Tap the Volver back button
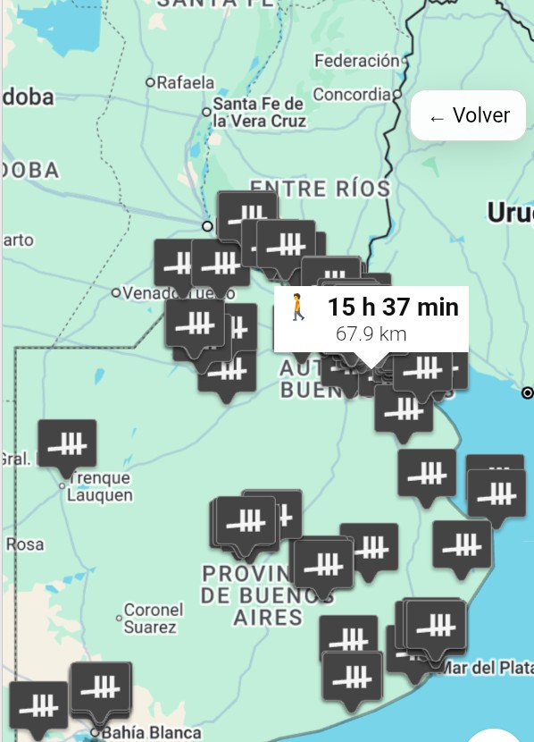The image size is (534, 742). click(468, 116)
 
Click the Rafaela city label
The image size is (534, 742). click(186, 82)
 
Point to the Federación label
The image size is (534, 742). click(357, 61)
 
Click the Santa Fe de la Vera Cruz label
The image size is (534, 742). click(259, 113)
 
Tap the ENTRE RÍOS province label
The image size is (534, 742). click(320, 188)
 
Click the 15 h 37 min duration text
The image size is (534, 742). click(392, 308)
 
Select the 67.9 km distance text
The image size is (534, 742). click(371, 334)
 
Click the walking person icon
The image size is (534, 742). click(298, 308)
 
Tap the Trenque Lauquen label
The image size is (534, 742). click(100, 486)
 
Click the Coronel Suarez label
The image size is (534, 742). click(153, 618)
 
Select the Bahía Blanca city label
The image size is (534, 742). click(150, 733)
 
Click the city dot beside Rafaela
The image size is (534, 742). click(151, 82)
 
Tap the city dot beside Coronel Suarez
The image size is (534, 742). click(119, 617)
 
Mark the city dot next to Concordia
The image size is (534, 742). click(396, 93)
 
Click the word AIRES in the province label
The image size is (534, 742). click(268, 617)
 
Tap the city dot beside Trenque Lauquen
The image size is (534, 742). click(62, 486)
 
